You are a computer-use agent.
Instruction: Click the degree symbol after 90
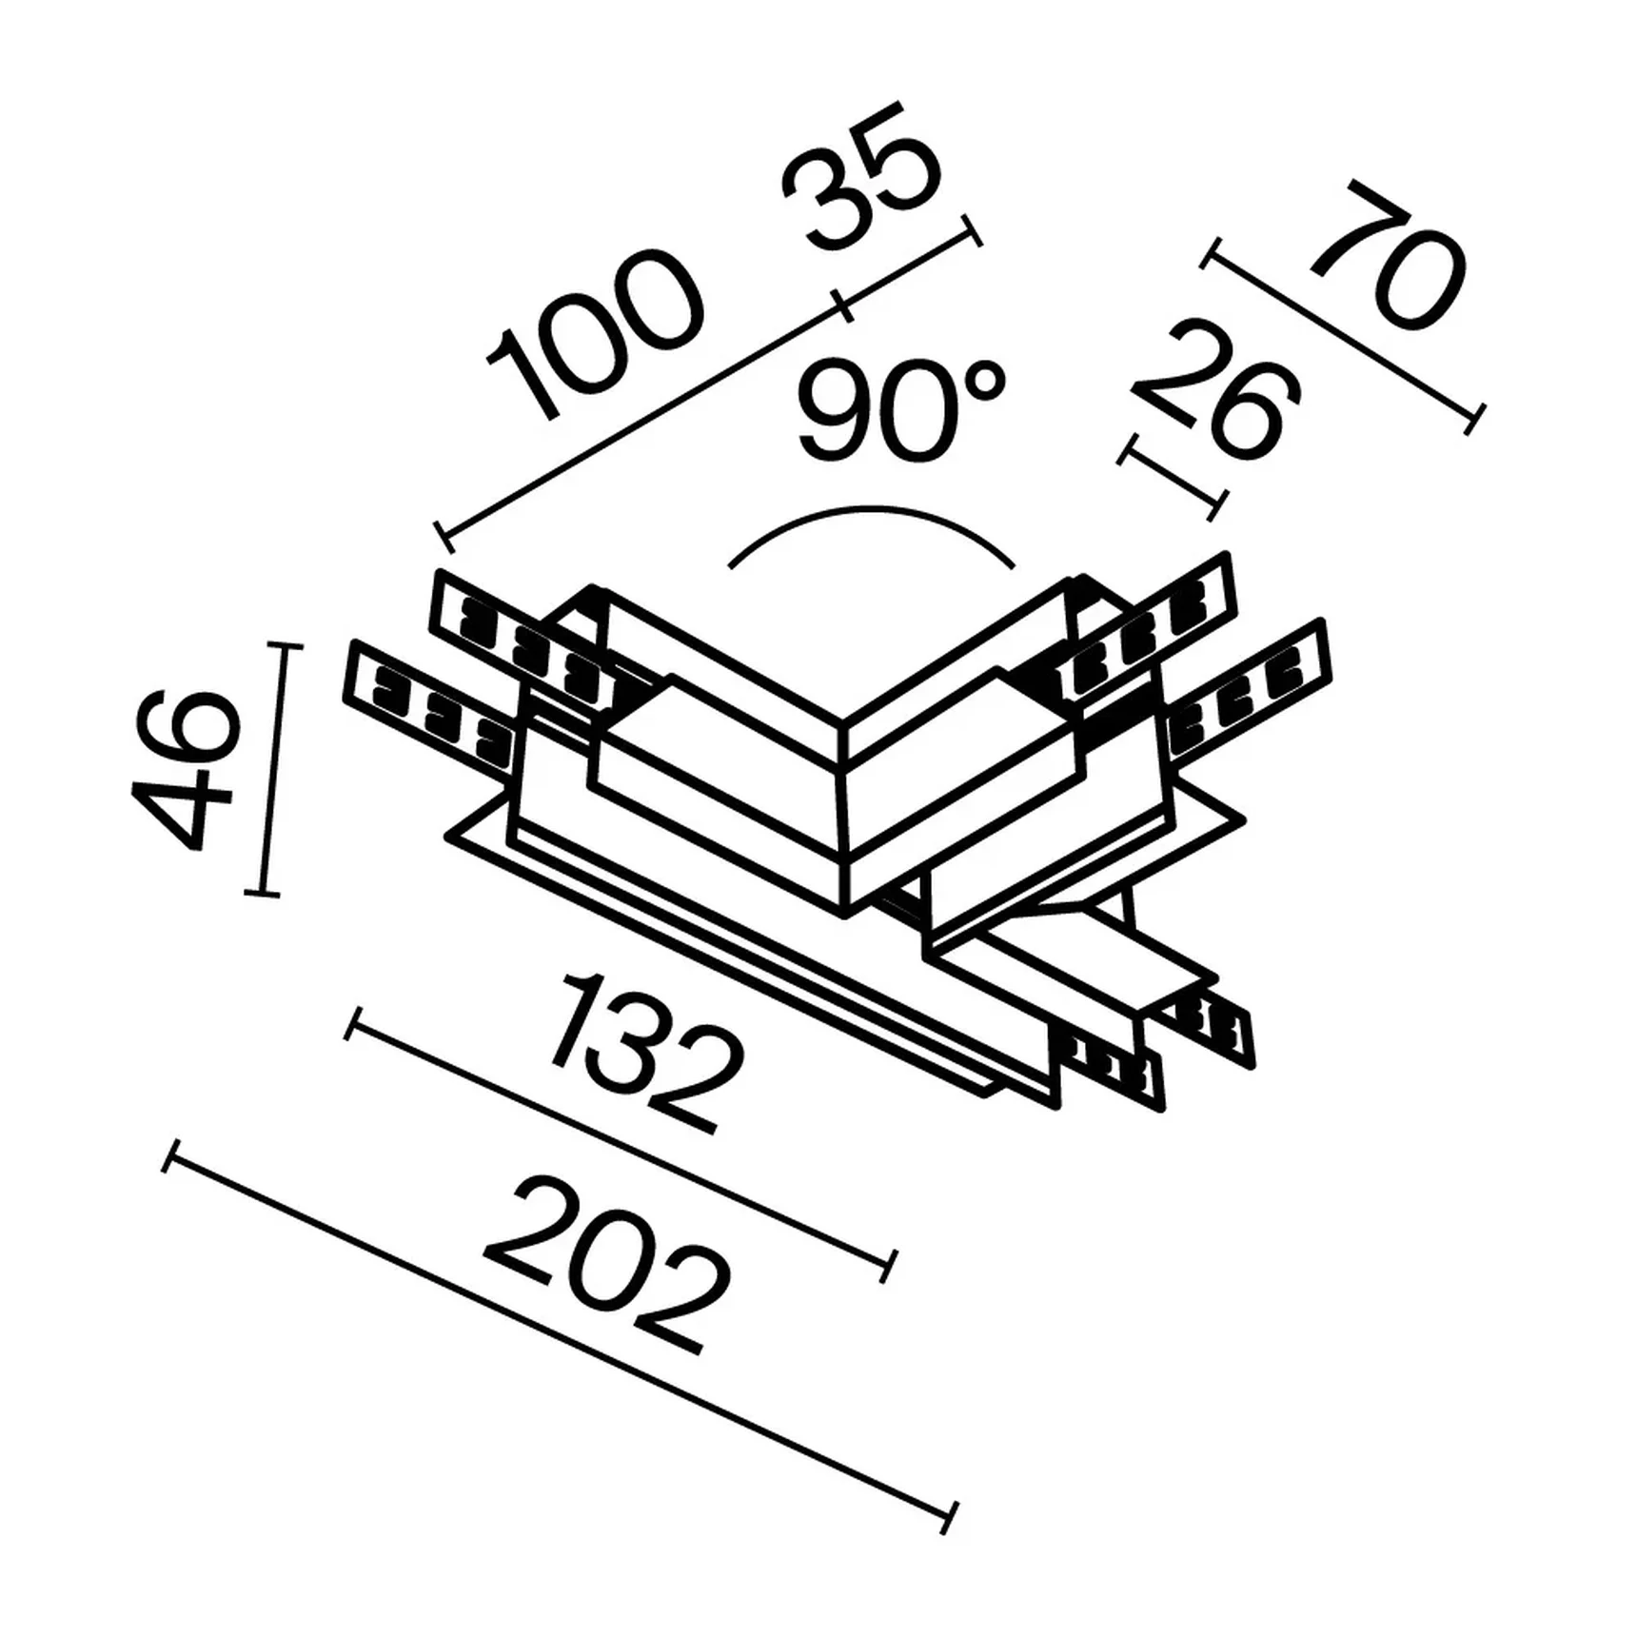(x=984, y=382)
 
